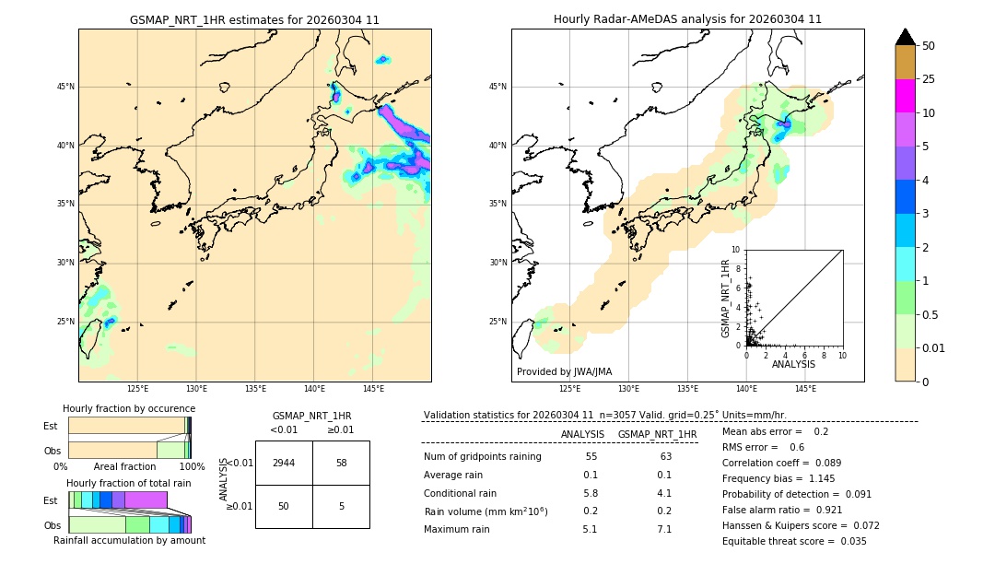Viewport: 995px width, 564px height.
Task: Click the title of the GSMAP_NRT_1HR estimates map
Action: pos(254,19)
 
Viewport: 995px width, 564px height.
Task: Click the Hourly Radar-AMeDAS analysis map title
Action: pos(687,19)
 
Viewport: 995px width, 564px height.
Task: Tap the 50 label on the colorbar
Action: pos(929,46)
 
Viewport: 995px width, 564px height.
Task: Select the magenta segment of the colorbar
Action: pos(905,96)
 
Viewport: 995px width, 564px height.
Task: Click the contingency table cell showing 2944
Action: pos(284,463)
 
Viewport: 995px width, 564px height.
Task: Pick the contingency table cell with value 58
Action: pos(341,463)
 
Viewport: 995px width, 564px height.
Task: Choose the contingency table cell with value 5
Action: pos(341,506)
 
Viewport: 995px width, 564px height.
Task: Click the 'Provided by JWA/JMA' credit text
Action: pos(564,372)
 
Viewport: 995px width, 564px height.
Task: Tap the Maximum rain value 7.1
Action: pos(663,529)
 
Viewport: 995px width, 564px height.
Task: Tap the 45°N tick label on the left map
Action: pos(65,87)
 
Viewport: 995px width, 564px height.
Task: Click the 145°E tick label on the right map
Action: pos(805,389)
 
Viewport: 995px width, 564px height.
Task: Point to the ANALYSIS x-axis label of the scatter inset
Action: pos(793,364)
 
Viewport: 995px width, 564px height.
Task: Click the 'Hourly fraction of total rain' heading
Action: pos(129,483)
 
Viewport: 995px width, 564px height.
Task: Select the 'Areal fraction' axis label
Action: pos(125,466)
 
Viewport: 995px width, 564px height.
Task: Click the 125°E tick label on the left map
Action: pos(137,389)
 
